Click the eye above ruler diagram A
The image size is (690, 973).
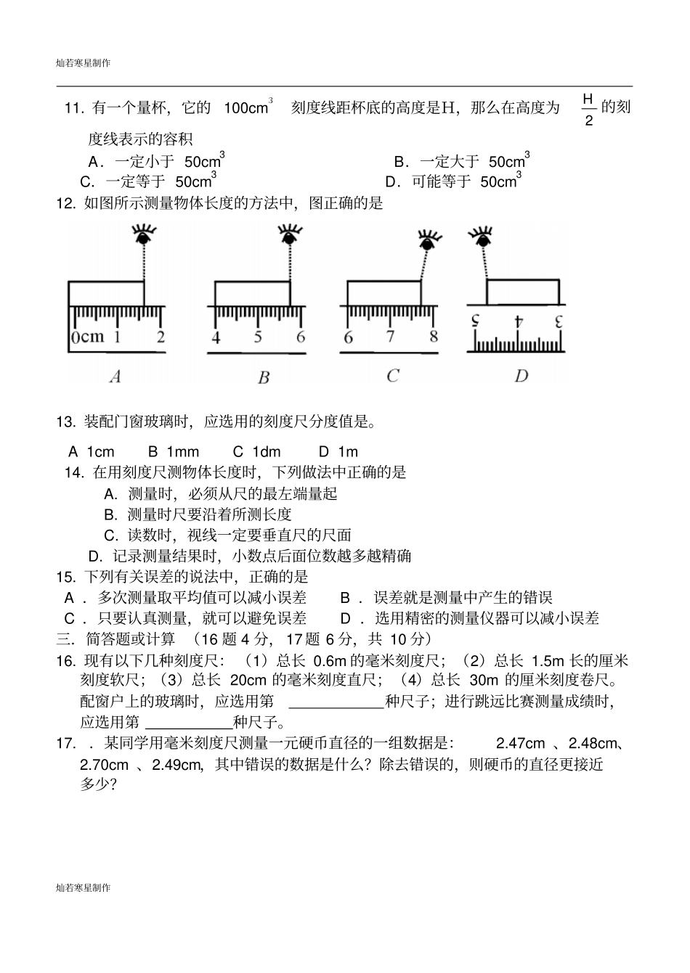coord(144,235)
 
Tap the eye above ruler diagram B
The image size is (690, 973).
coord(291,235)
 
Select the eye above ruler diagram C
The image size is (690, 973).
coord(428,239)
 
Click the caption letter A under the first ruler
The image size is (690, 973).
coord(115,376)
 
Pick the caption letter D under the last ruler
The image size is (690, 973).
coord(521,376)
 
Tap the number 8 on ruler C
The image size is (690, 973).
coord(434,337)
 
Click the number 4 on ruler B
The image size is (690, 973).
coord(216,337)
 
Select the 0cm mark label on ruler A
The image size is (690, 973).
coord(88,337)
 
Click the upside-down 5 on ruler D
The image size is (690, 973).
coord(476,321)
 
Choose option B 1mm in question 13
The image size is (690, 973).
coord(174,451)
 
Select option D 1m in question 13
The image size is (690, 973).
coord(338,451)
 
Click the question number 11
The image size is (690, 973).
coord(75,109)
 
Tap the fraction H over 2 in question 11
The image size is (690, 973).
coord(588,109)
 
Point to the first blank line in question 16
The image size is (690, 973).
coord(336,702)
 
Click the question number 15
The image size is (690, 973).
coord(65,577)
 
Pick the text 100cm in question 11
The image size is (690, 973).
coord(247,108)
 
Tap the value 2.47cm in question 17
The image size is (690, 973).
coord(520,744)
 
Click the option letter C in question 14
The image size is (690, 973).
coord(110,535)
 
